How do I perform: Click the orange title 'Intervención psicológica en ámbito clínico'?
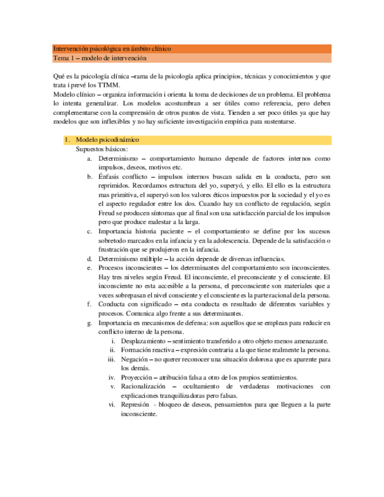tap(111, 49)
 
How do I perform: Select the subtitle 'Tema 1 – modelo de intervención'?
tap(100, 59)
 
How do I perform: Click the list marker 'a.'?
tap(90, 159)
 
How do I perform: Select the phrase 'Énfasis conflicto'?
tap(121, 176)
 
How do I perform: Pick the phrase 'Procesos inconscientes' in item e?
tap(130, 268)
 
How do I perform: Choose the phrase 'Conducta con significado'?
tap(132, 304)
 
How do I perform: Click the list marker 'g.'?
tap(89, 323)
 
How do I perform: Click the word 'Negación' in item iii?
tap(134, 359)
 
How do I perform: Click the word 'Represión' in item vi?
tap(135, 405)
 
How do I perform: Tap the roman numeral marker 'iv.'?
tap(111, 377)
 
